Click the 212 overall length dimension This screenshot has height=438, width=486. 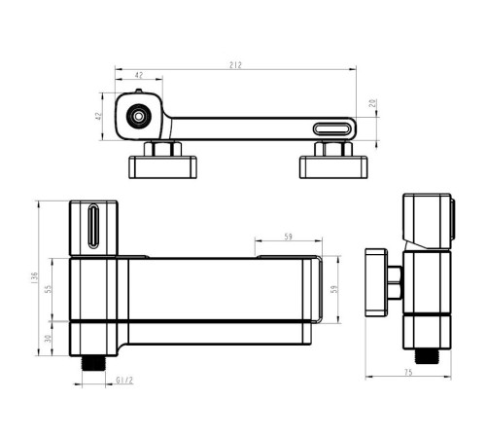pyautogui.click(x=235, y=65)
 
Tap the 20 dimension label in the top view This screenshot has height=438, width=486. pyautogui.click(x=373, y=103)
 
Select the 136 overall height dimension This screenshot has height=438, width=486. pyautogui.click(x=35, y=278)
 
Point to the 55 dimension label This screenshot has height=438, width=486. pyautogui.click(x=48, y=289)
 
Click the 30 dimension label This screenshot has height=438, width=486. pyautogui.click(x=48, y=339)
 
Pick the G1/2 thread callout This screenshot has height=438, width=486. pyautogui.click(x=124, y=381)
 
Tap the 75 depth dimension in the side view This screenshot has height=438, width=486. pyautogui.click(x=408, y=372)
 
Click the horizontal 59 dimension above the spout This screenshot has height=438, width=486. pyautogui.click(x=288, y=237)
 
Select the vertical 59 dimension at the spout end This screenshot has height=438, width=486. pyautogui.click(x=334, y=289)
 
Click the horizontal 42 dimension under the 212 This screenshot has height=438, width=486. pyautogui.click(x=139, y=75)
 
